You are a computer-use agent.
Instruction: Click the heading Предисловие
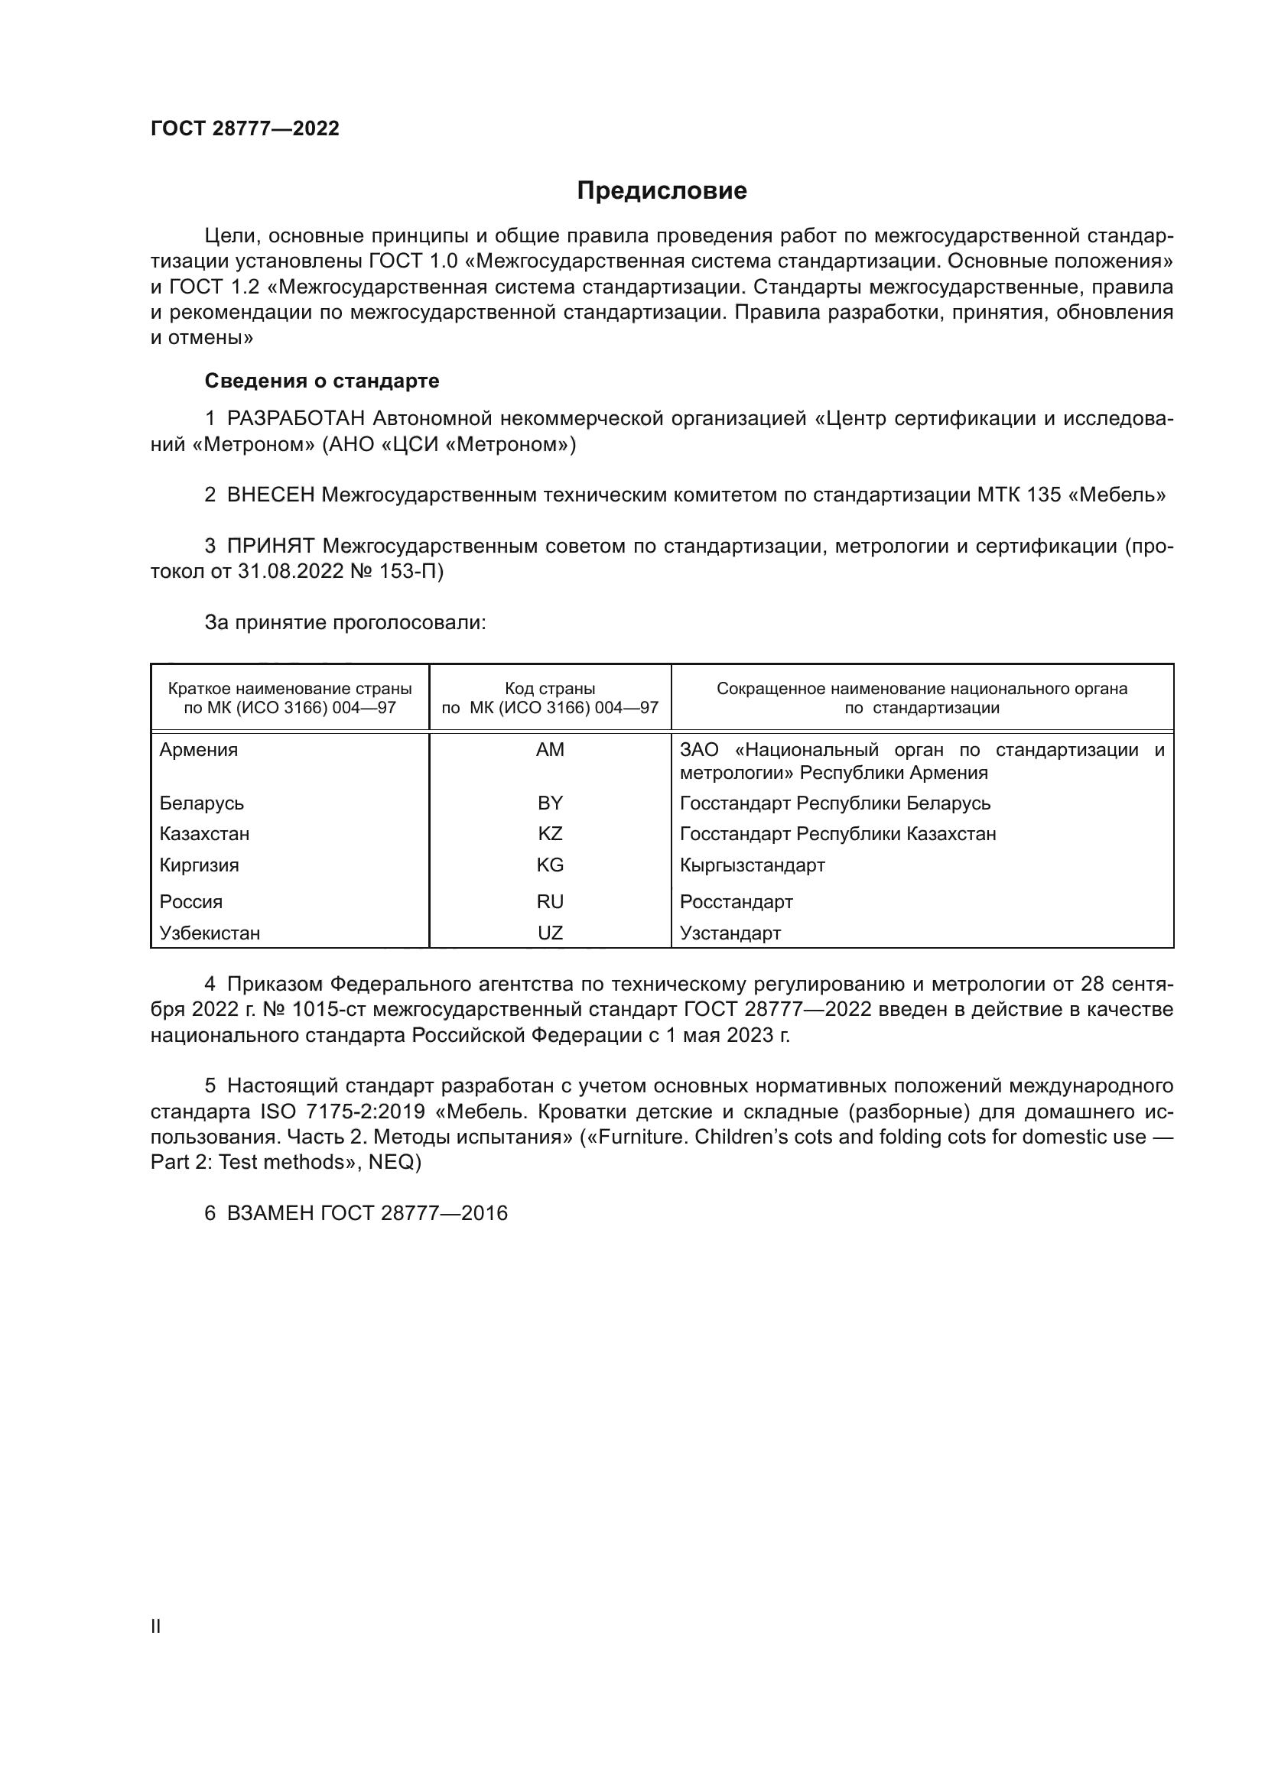[x=662, y=191]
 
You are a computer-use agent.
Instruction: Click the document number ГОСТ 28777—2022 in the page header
[x=245, y=129]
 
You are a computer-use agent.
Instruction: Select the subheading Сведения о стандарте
[x=322, y=381]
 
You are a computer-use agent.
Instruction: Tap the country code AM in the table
[x=550, y=750]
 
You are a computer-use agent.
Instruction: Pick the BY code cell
[x=550, y=803]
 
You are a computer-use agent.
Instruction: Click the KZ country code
[x=550, y=834]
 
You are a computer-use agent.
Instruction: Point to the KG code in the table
[x=550, y=865]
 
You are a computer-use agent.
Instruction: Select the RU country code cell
[x=550, y=902]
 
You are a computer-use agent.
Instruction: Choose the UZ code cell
[x=550, y=933]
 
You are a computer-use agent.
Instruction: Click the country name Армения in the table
[x=199, y=750]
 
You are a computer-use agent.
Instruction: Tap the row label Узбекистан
[x=210, y=933]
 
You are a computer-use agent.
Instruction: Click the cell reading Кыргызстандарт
[x=752, y=865]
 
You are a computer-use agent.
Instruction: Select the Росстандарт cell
[x=736, y=902]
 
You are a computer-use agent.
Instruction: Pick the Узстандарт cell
[x=730, y=933]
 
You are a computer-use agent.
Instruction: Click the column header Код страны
[x=550, y=689]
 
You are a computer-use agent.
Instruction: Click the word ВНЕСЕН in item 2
[x=270, y=495]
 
